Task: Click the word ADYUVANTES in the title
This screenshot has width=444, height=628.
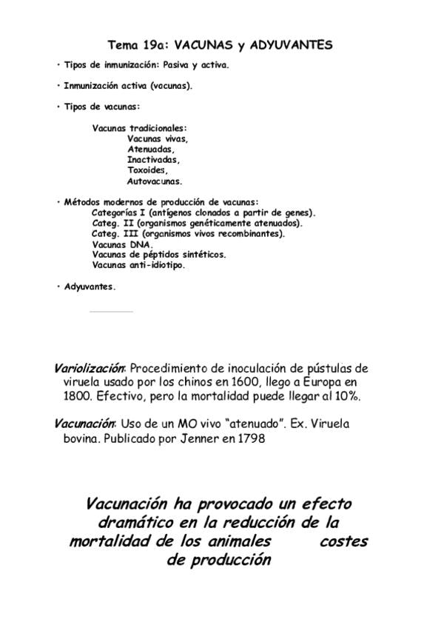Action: click(x=292, y=45)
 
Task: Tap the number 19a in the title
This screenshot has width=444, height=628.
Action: click(x=155, y=45)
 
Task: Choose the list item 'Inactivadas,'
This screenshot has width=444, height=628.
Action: click(x=153, y=159)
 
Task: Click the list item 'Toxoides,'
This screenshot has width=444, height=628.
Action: click(x=147, y=170)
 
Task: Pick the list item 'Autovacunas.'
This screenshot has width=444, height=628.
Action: click(x=155, y=180)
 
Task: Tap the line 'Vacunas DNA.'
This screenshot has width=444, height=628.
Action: click(x=123, y=244)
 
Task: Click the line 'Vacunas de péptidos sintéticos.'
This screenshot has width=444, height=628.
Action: click(x=159, y=254)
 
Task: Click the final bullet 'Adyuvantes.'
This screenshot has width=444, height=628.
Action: click(x=90, y=287)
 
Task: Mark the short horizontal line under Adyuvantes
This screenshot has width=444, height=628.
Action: click(x=111, y=312)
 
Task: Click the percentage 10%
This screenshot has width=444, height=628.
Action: click(x=344, y=396)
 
